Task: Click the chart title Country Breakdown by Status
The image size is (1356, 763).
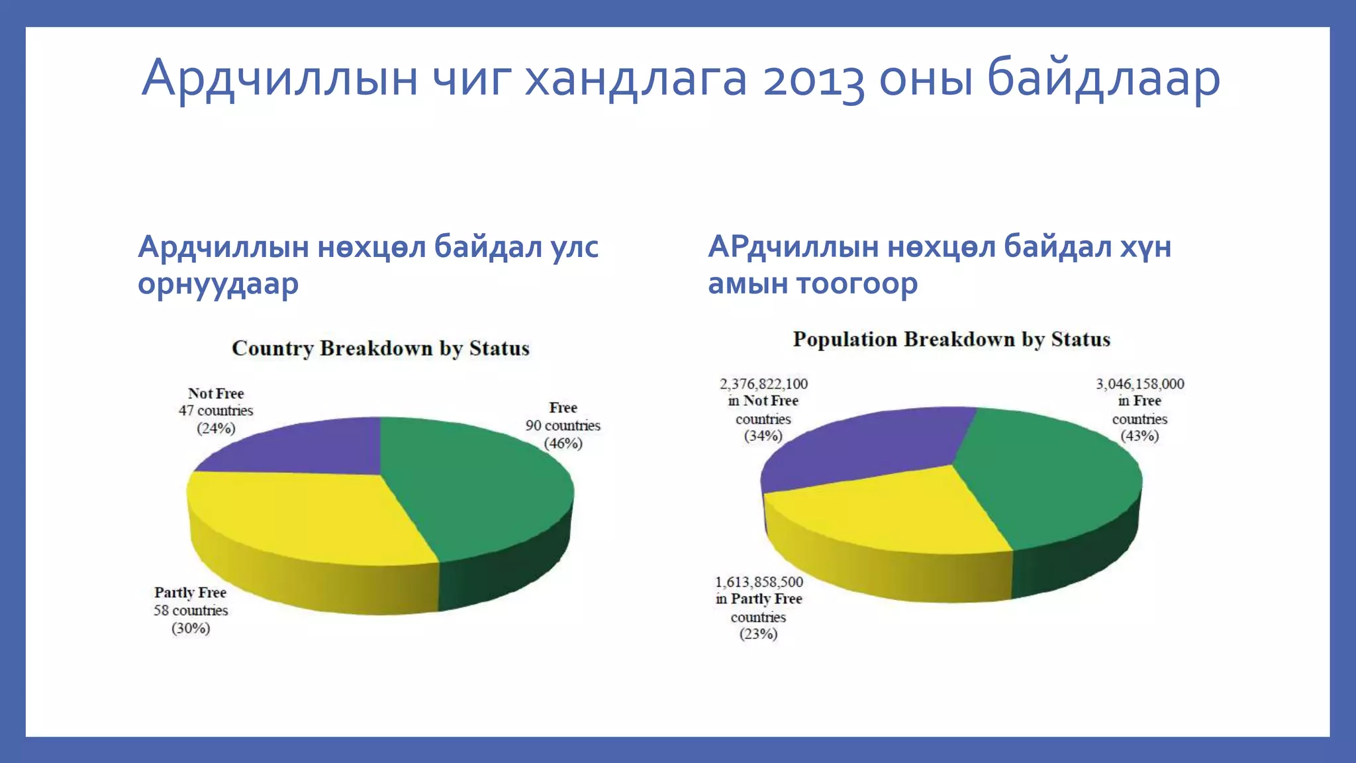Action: (x=380, y=348)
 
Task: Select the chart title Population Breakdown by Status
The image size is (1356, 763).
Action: (x=951, y=339)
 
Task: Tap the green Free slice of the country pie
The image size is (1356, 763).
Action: (x=477, y=490)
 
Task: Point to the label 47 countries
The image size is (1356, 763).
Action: (x=216, y=411)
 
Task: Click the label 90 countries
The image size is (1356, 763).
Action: (x=563, y=425)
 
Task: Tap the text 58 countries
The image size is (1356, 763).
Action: (x=191, y=610)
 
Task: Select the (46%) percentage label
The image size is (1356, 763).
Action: (x=563, y=443)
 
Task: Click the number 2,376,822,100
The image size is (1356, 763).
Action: (x=763, y=383)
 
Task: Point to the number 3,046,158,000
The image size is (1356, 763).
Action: (x=1139, y=383)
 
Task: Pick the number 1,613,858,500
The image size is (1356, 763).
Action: (x=759, y=582)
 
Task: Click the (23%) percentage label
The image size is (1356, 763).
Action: (x=759, y=634)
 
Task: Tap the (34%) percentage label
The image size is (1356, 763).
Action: (x=763, y=436)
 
